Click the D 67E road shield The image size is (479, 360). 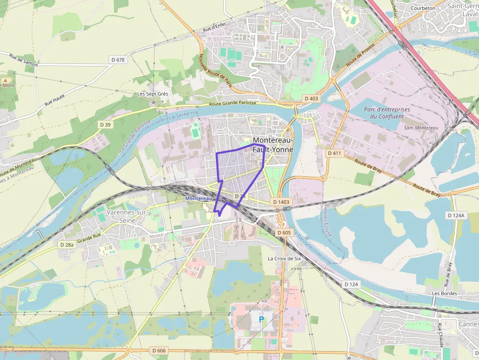coord(118,60)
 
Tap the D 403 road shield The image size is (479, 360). coord(311,99)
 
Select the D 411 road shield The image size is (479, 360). coord(334,153)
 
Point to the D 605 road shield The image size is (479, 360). coord(284,233)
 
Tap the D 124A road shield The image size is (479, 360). coord(456,215)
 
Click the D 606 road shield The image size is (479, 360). coord(159,350)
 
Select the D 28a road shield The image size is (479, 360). coord(67,244)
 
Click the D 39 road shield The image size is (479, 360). coord(106,125)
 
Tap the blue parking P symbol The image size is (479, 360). coord(261,319)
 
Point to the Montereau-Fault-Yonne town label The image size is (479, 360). coord(273,145)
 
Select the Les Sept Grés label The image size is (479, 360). coord(152,94)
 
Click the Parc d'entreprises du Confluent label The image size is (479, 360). coord(387,113)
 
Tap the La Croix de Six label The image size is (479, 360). coord(284,258)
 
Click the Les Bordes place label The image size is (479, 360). coord(444,294)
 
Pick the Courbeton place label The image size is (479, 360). coord(423,8)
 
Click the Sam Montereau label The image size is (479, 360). coord(421,128)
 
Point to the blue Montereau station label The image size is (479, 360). coord(199,198)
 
